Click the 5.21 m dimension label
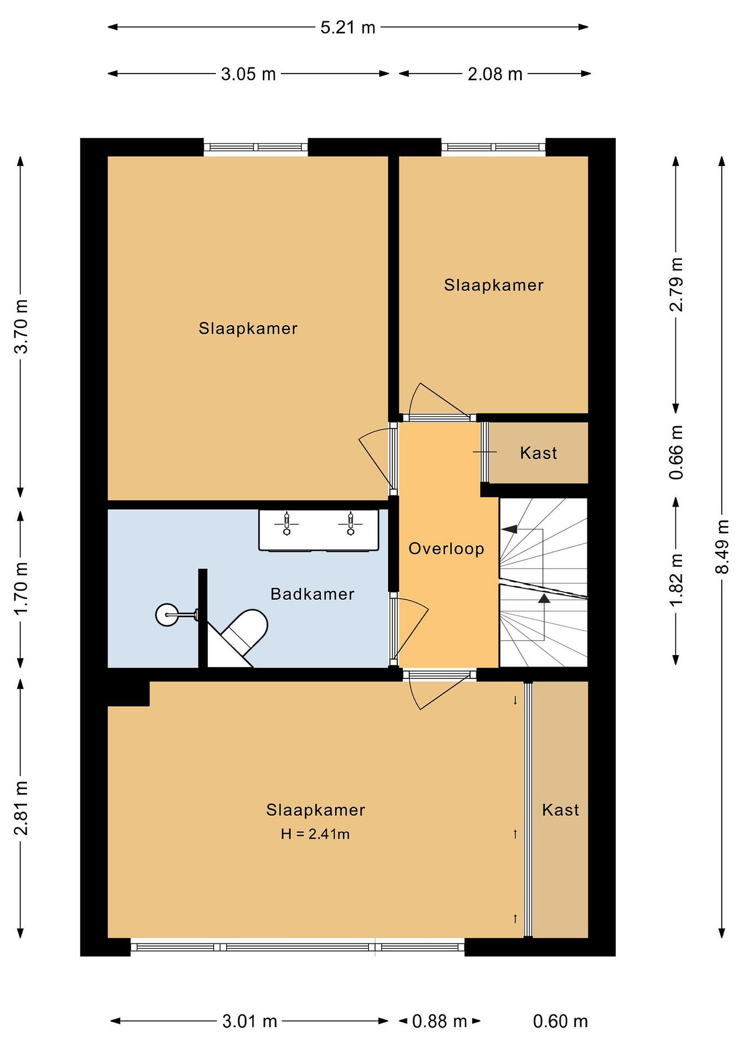click(348, 27)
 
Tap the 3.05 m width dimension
click(248, 74)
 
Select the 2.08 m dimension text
click(495, 74)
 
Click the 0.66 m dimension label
click(676, 452)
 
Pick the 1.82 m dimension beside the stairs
click(676, 580)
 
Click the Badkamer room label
click(313, 594)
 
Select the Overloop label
click(446, 549)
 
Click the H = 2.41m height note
click(315, 834)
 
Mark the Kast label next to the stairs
click(539, 453)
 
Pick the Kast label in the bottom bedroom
click(561, 810)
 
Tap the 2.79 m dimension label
click(676, 284)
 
